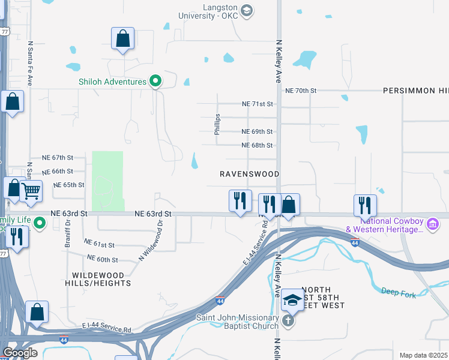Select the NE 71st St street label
(x=257, y=104)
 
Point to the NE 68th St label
(x=257, y=145)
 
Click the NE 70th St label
(x=301, y=91)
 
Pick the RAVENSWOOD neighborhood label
(x=249, y=174)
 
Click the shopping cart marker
(x=31, y=192)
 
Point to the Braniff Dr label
(x=67, y=233)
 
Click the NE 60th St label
(x=102, y=259)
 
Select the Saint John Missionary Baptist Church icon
(x=288, y=320)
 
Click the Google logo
(x=20, y=353)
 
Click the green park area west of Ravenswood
(x=107, y=180)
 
